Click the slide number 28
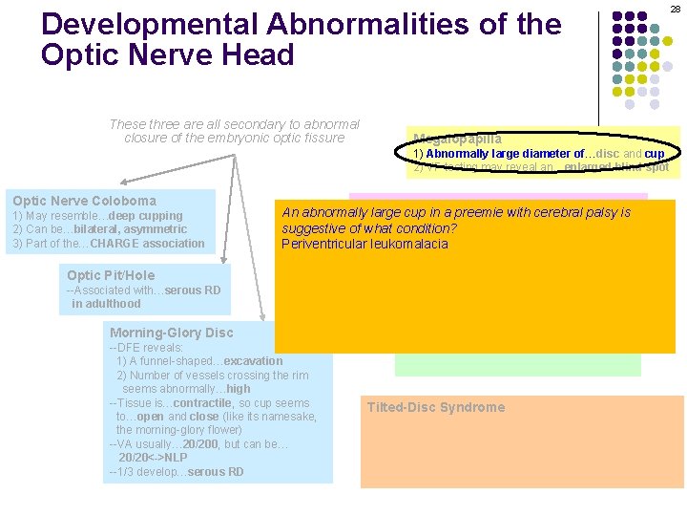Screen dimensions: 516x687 coord(675,9)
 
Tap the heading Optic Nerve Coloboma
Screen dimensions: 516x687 coord(84,201)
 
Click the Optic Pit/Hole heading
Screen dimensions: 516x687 coord(111,275)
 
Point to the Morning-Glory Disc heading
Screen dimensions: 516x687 coord(171,333)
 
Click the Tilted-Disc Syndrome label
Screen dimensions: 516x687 coord(435,407)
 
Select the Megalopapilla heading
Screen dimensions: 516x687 coord(457,138)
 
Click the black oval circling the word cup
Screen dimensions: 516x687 coord(654,153)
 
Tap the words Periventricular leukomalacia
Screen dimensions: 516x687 coord(364,244)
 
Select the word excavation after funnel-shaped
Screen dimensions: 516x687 coord(253,361)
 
